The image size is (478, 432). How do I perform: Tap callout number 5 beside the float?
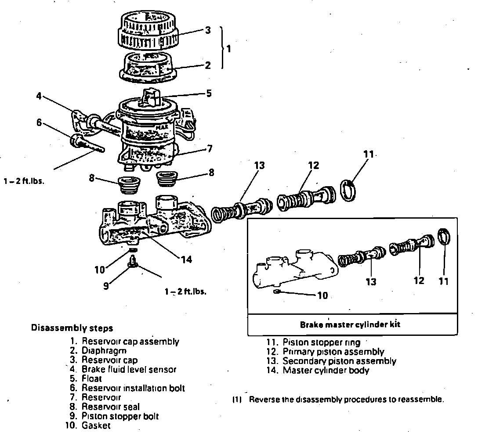(x=209, y=93)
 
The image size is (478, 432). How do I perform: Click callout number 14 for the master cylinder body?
(x=186, y=259)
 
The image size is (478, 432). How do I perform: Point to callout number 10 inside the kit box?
(x=322, y=295)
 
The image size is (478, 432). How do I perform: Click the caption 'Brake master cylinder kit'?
(x=350, y=325)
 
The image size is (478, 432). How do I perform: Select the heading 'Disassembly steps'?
(x=72, y=328)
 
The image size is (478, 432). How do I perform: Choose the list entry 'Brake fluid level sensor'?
(x=128, y=369)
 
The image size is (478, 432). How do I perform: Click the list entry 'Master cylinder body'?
(x=326, y=370)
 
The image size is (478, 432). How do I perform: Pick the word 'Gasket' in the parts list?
(x=96, y=425)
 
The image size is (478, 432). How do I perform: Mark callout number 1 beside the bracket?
(x=228, y=48)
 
